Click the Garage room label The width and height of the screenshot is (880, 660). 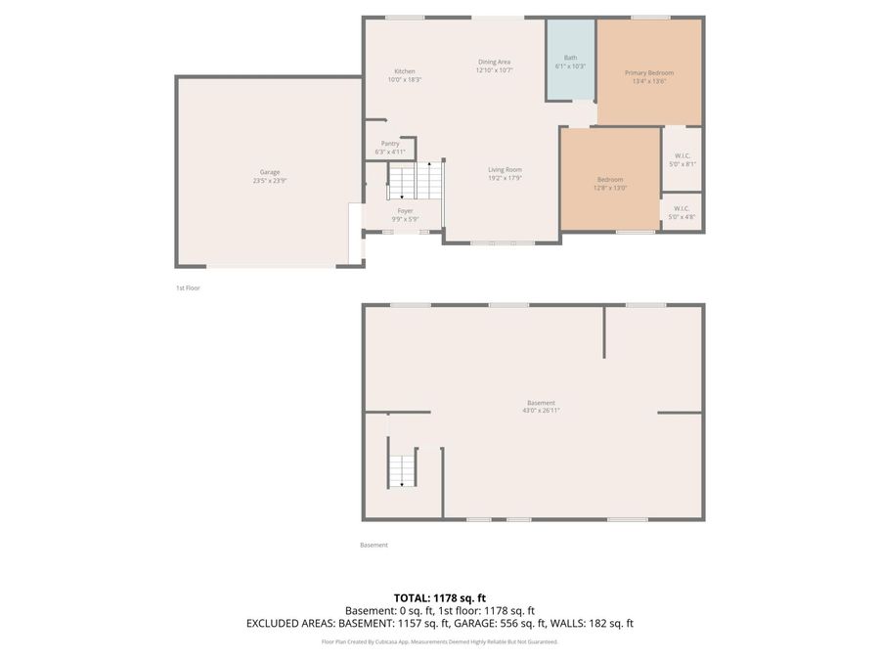[x=270, y=172]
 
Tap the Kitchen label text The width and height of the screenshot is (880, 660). [x=405, y=71]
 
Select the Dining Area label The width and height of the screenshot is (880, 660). [x=494, y=62]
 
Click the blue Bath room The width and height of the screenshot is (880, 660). [x=570, y=61]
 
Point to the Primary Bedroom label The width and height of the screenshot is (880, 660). [x=649, y=73]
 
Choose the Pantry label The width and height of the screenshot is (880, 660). [x=390, y=144]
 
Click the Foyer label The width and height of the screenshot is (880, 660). [x=405, y=211]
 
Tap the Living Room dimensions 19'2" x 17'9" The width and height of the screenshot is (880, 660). [x=506, y=178]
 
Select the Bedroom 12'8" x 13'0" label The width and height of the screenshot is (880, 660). [x=610, y=179]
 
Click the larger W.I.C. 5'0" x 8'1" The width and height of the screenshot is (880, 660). [x=682, y=159]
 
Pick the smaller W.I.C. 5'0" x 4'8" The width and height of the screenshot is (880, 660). [x=682, y=212]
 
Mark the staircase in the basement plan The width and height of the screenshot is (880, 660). [x=401, y=471]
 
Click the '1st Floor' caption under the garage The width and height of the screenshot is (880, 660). [x=188, y=288]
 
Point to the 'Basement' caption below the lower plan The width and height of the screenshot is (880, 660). [x=374, y=545]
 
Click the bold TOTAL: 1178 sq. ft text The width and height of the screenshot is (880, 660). [x=440, y=597]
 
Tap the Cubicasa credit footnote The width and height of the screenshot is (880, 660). [x=440, y=641]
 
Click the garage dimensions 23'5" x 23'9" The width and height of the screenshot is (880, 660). [x=270, y=181]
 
